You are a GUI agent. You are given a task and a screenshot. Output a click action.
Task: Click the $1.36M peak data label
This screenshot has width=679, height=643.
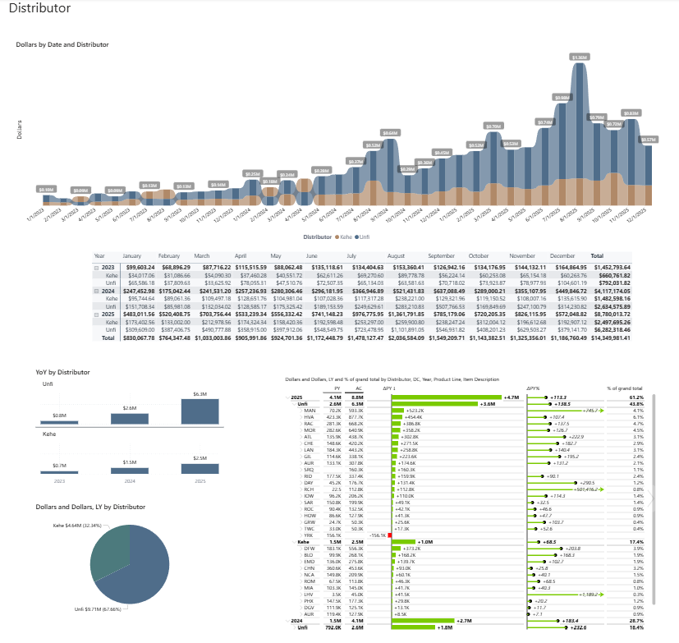(x=580, y=57)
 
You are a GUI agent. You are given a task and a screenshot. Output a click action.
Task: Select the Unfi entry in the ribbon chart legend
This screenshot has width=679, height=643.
(x=365, y=236)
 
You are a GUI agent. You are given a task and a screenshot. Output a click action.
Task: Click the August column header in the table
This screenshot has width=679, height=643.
(x=396, y=255)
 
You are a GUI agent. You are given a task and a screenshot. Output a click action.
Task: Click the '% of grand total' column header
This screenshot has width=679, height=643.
(x=625, y=388)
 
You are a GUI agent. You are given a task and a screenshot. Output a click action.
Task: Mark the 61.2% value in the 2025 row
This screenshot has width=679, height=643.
(x=635, y=397)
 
